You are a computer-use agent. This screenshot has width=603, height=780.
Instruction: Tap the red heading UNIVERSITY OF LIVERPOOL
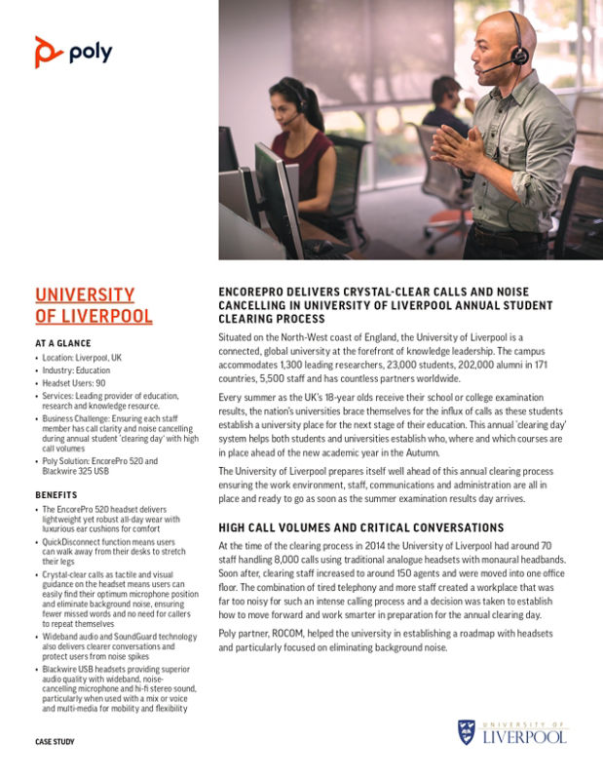pos(94,305)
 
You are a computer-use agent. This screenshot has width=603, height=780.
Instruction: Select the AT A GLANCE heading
pos(63,343)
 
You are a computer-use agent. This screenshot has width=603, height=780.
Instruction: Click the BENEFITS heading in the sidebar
pos(57,494)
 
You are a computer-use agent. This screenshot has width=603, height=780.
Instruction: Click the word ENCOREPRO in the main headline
pos(256,292)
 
